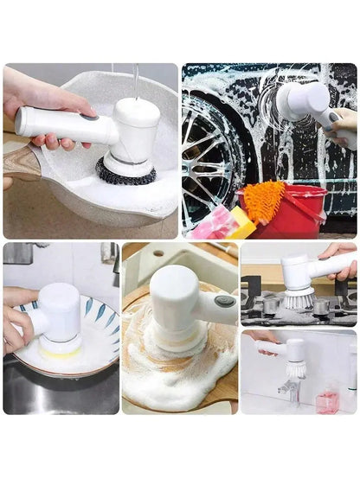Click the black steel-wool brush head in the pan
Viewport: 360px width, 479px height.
(125, 172)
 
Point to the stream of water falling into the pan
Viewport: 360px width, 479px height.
(136, 82)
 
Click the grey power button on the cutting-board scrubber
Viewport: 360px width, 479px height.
(225, 301)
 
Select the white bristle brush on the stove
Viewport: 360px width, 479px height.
(299, 298)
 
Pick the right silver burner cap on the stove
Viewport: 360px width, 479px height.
(325, 305)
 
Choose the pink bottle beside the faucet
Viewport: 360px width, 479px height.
(326, 401)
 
